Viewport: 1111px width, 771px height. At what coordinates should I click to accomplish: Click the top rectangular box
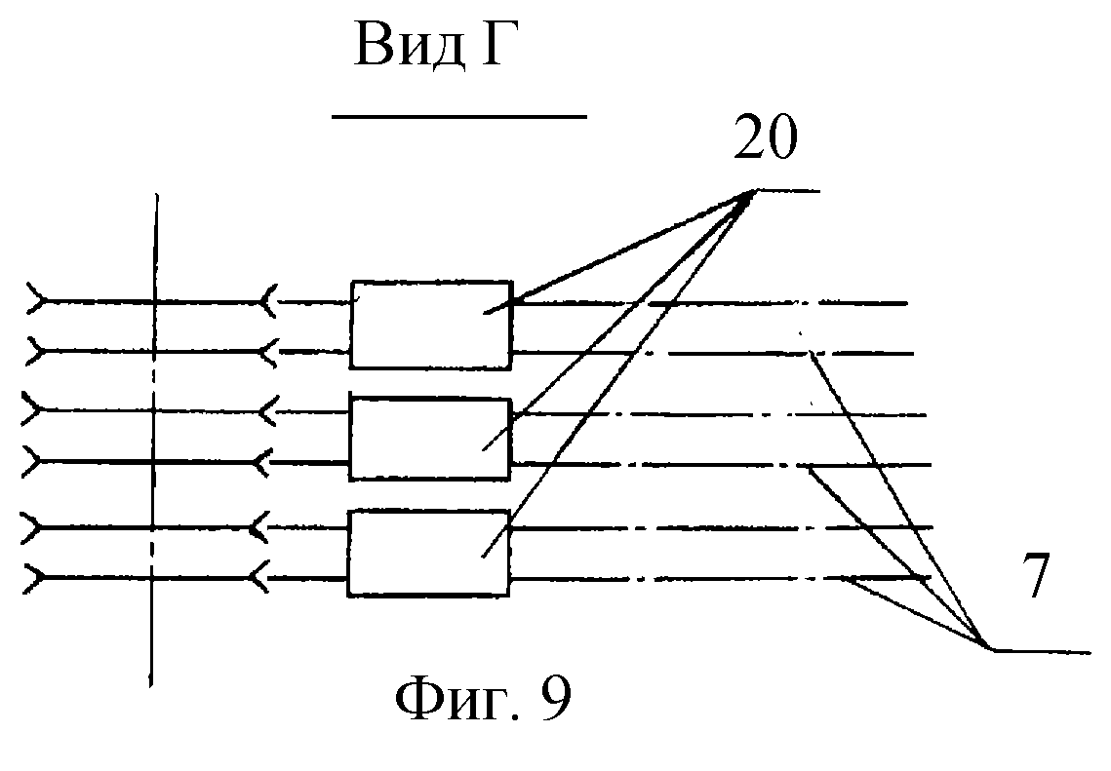pos(430,325)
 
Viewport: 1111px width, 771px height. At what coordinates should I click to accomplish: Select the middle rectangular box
pos(430,439)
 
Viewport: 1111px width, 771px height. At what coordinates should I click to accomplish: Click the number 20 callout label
pos(765,142)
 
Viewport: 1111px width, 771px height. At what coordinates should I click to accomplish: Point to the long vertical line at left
pos(153,439)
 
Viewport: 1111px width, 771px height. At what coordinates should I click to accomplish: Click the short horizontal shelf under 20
pos(790,191)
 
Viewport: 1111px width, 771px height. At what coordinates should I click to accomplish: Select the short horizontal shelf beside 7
pos(1039,650)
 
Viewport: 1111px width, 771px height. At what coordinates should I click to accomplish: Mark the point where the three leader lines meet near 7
pos(987,647)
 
